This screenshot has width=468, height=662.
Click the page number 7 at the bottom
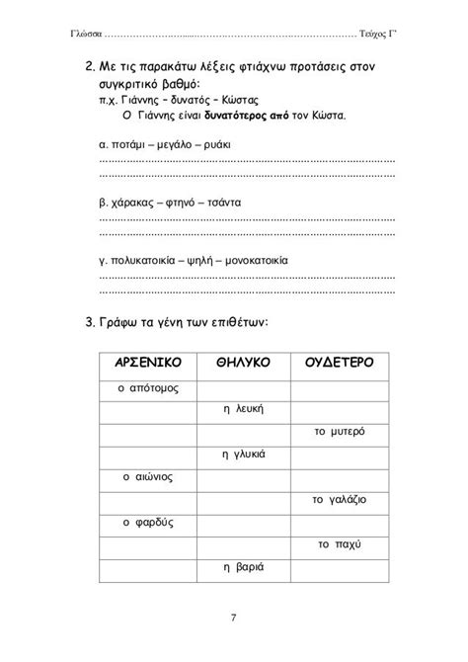tap(233, 619)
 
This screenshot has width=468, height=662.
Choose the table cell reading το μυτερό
tap(339, 432)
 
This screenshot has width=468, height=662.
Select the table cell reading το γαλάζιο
tap(339, 500)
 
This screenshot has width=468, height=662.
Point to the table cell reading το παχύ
tap(339, 543)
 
